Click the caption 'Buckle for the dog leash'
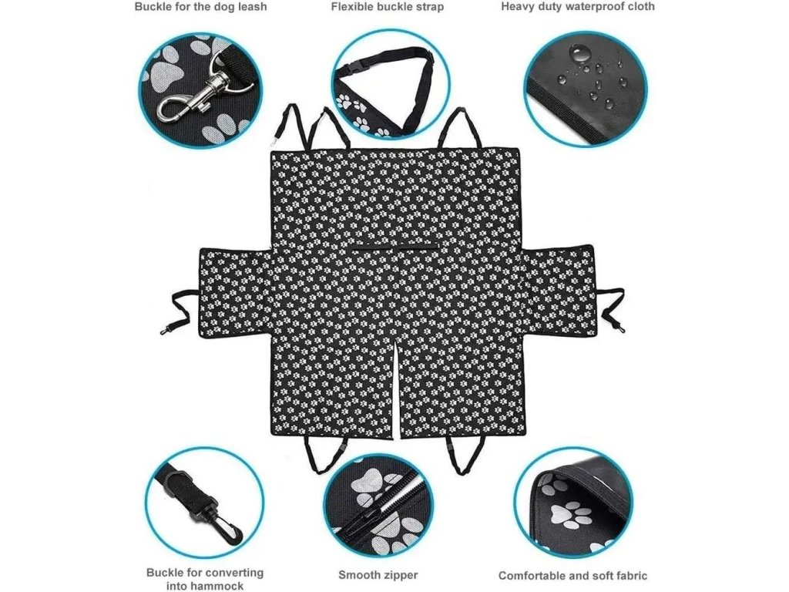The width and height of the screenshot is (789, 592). [x=201, y=7]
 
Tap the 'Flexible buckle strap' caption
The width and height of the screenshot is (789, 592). [x=388, y=7]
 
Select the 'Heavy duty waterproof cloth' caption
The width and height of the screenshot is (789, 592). [x=578, y=7]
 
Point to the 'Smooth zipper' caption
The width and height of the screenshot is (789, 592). [x=378, y=575]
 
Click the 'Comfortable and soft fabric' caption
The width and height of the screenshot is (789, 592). [x=572, y=575]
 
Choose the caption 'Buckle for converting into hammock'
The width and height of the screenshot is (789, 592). [x=205, y=579]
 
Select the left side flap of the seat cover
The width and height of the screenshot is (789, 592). [x=234, y=292]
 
